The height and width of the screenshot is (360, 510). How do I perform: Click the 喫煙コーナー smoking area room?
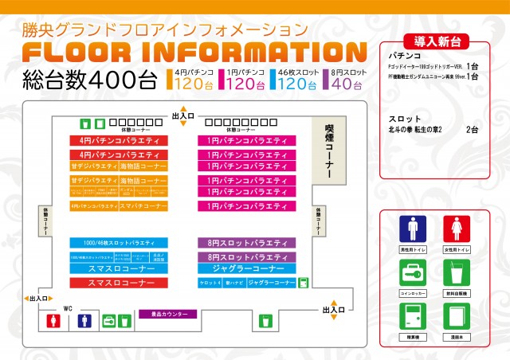coord(328,151)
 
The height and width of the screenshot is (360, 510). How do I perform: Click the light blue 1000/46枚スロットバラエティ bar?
coord(120,242)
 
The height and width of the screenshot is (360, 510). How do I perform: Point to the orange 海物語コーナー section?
coord(144,167)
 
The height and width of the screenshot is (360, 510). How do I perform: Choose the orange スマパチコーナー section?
coord(144,205)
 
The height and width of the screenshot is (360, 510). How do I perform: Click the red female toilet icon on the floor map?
coord(54,321)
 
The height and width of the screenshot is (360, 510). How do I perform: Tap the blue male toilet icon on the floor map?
coord(84,321)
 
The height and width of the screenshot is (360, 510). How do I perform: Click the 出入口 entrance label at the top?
coord(183,116)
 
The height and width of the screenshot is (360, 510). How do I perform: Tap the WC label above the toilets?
coord(68,307)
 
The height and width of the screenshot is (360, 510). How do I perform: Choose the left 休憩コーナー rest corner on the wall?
coord(44,225)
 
